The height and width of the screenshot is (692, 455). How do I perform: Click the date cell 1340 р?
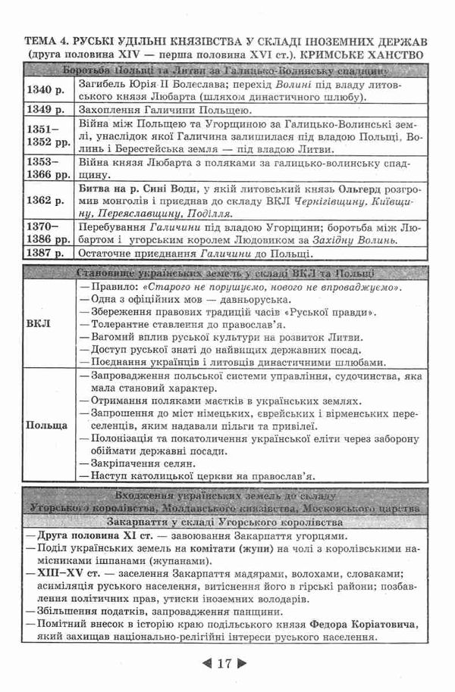click(x=43, y=91)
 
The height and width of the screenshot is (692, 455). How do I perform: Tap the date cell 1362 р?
click(x=43, y=201)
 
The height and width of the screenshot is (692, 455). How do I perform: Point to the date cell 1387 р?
click(x=43, y=252)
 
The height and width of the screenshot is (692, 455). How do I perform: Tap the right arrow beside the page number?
click(x=242, y=665)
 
